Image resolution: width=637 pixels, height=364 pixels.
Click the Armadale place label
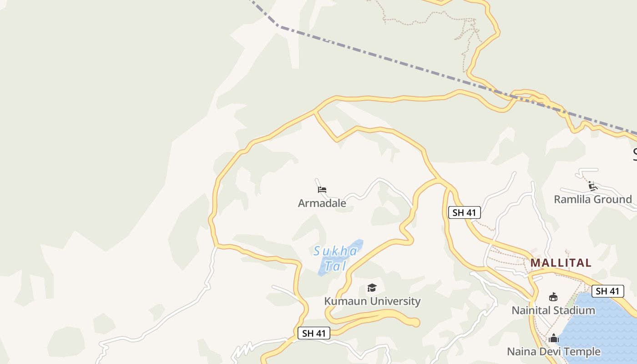pos(322,203)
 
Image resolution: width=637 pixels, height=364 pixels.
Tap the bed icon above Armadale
pos(322,190)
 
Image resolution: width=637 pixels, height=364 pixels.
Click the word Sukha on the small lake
pos(336,251)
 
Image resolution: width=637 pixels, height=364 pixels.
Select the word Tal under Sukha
pos(336,266)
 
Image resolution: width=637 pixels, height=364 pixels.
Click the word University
pos(397,301)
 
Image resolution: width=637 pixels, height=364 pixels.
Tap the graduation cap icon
pos(372,288)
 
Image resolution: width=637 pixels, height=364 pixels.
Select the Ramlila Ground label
pos(592,199)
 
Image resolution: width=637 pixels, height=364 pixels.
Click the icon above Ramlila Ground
pos(592,186)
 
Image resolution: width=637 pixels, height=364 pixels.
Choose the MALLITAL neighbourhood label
pos(561,263)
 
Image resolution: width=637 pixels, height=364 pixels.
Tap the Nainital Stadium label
pos(553,310)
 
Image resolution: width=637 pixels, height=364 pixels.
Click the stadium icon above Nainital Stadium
pos(553,297)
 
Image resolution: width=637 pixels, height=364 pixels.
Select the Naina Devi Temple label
pos(553,352)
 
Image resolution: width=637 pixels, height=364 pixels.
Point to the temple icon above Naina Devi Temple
pos(553,338)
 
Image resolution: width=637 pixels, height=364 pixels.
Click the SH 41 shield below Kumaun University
pos(314,333)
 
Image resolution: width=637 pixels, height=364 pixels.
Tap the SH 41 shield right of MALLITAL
pos(607,291)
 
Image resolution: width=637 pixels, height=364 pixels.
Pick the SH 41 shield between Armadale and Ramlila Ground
pos(464,212)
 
